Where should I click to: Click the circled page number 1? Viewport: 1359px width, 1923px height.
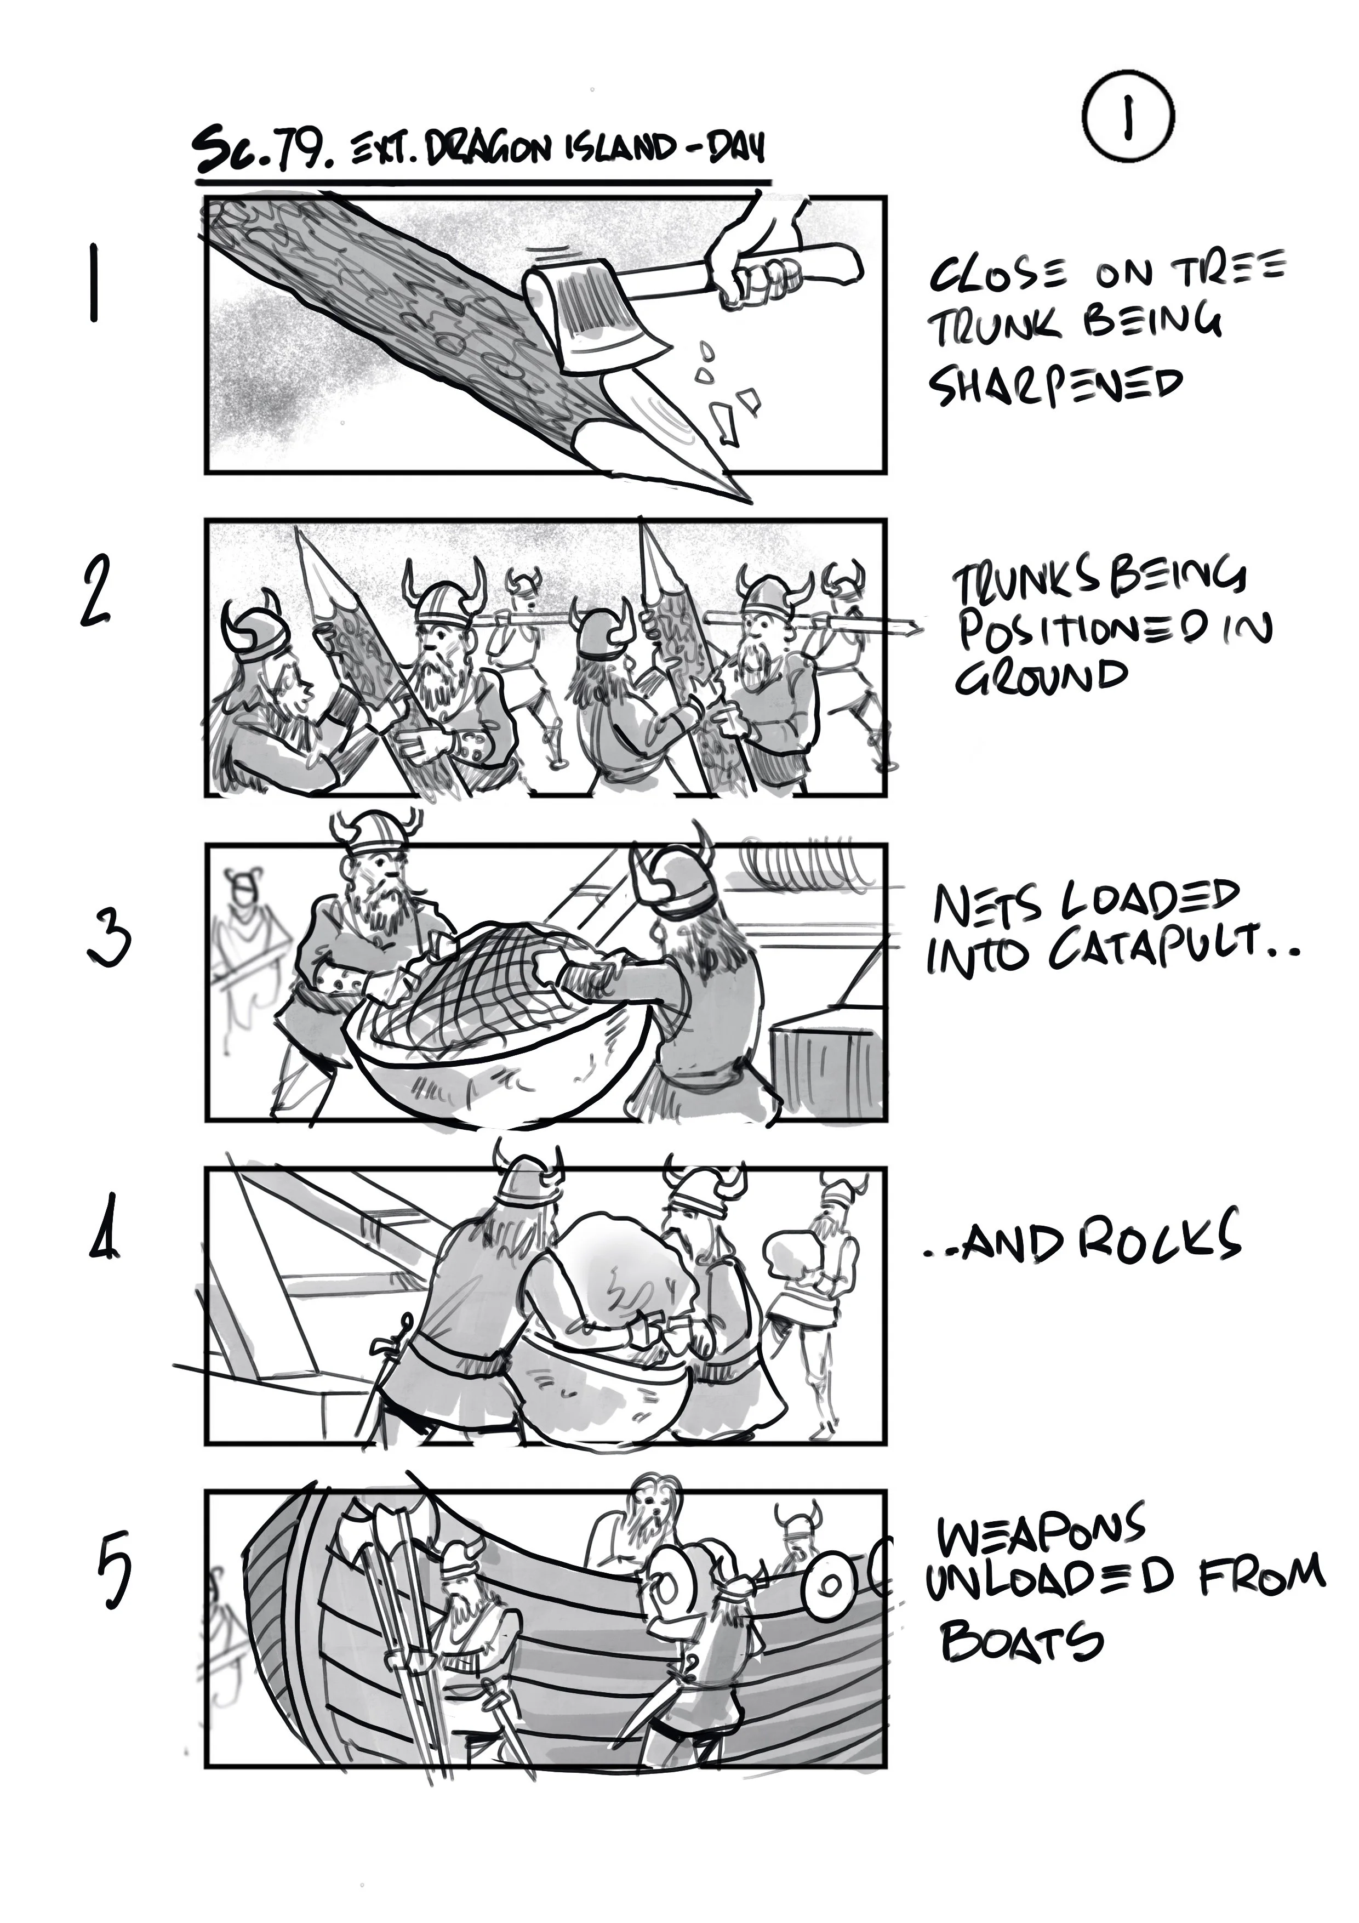point(1127,117)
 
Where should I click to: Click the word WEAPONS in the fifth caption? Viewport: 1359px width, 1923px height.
point(1041,1533)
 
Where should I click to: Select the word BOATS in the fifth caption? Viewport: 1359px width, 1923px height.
point(1021,1643)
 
